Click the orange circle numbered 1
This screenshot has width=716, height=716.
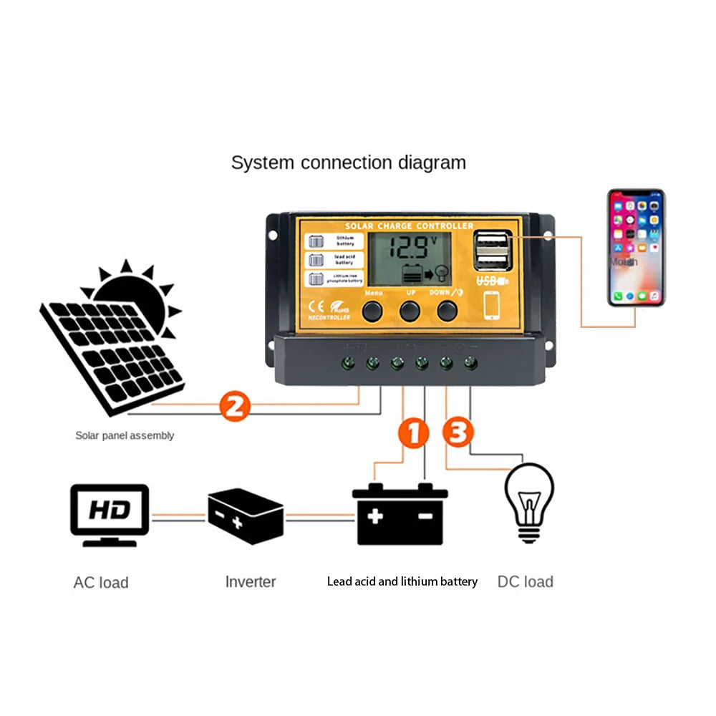click(413, 433)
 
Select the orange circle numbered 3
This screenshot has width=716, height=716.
click(458, 433)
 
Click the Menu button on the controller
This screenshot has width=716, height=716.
click(373, 310)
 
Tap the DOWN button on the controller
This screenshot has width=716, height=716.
click(447, 310)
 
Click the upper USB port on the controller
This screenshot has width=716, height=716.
click(491, 241)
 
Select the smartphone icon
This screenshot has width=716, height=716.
click(636, 247)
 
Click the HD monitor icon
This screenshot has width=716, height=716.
click(110, 514)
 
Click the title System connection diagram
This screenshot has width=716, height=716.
click(348, 163)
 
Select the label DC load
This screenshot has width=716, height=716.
click(525, 581)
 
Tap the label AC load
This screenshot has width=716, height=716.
click(101, 582)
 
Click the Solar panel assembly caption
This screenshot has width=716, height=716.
click(125, 435)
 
